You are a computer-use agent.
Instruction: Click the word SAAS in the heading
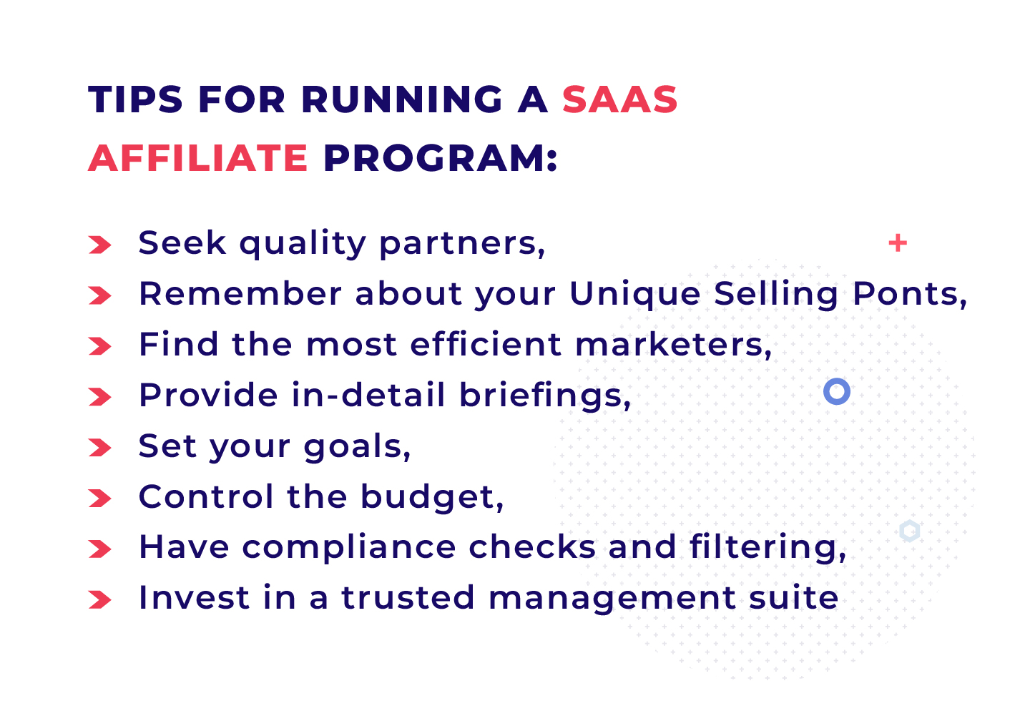[619, 99]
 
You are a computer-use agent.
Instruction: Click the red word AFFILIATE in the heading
[198, 158]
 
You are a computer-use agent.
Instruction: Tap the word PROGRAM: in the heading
[440, 158]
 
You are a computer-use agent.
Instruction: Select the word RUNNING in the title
[402, 99]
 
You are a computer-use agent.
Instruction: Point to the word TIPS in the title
[136, 99]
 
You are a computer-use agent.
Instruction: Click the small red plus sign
[897, 243]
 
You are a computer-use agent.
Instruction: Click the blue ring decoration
[836, 391]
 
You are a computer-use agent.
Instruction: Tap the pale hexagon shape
[909, 531]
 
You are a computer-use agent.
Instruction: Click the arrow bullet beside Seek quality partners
[100, 245]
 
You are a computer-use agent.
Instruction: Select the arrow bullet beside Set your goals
[100, 448]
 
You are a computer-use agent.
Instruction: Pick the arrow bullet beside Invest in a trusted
[100, 600]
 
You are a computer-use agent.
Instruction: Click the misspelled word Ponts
[908, 294]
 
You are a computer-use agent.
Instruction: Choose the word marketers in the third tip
[672, 345]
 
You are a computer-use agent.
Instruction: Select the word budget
[431, 497]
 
